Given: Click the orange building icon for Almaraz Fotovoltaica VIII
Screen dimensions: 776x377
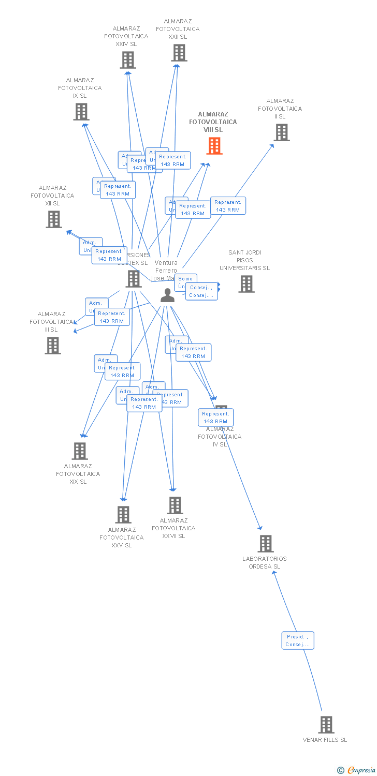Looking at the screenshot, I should point(214,146).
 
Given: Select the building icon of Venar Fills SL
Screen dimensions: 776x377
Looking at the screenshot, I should point(326,724).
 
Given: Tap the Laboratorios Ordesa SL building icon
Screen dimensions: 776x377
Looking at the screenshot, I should point(266,543).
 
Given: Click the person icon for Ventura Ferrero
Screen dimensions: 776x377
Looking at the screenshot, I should point(167,295).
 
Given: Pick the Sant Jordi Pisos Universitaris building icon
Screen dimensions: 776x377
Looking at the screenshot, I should point(247,283).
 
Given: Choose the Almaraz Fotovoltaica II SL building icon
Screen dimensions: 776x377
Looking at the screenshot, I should point(281,132).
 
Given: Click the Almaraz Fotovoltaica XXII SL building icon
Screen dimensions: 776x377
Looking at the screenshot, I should point(179,53).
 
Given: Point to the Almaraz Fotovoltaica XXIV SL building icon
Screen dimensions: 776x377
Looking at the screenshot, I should point(128,60).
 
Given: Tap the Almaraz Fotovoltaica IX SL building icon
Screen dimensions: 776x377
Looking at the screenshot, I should point(81,112).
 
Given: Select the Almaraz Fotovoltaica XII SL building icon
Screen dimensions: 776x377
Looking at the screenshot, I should point(54,219).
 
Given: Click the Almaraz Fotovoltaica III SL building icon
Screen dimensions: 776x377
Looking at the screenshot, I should point(53,346).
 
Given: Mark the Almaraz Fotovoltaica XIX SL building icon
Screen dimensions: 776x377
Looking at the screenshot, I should point(79,451).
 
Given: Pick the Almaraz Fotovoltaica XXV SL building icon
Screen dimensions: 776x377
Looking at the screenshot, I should point(123,515).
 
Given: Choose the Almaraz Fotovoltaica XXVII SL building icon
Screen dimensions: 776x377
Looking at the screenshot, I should point(175,505).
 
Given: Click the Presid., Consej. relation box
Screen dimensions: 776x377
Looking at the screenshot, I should point(298,640).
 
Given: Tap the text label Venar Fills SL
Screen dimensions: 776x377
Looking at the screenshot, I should point(325,740).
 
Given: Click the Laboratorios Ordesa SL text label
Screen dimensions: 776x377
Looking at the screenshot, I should point(264,562).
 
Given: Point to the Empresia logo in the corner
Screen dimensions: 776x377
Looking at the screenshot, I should point(357,770).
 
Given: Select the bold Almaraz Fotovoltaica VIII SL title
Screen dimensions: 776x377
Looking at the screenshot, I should point(213,122).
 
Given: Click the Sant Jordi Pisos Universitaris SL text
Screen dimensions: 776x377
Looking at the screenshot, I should point(244,260).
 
